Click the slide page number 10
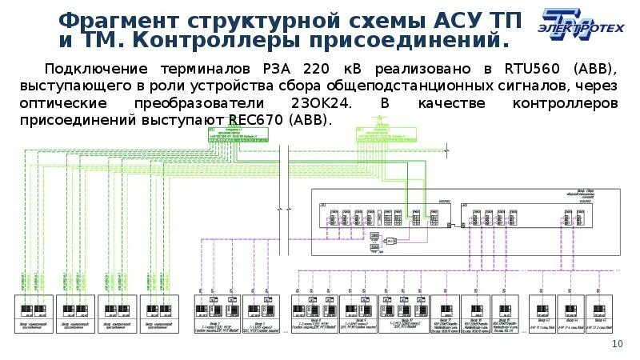click(x=617, y=343)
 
